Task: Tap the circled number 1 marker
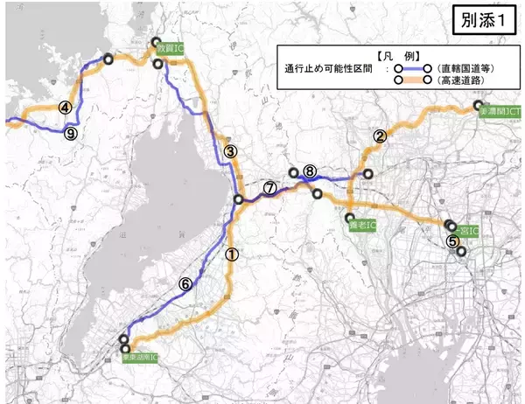[x=231, y=254]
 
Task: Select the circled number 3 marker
[x=230, y=151]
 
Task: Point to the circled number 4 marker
[x=65, y=108]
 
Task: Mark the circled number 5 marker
[x=452, y=241]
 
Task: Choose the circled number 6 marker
[x=185, y=283]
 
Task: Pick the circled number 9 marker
[x=71, y=133]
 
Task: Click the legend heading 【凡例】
[x=381, y=53]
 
